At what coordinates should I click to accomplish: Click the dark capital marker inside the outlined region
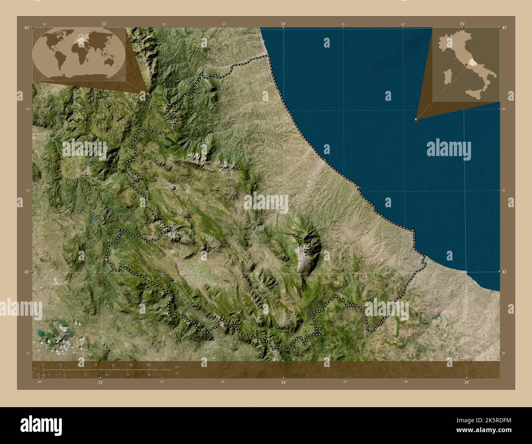[175, 188]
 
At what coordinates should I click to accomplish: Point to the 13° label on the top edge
[104, 24]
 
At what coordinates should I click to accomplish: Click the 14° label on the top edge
[283, 24]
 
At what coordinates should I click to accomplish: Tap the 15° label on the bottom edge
[467, 382]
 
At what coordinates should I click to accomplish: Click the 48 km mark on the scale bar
[148, 365]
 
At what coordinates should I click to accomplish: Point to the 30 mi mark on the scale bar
[149, 374]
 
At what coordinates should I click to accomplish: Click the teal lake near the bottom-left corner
[42, 334]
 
